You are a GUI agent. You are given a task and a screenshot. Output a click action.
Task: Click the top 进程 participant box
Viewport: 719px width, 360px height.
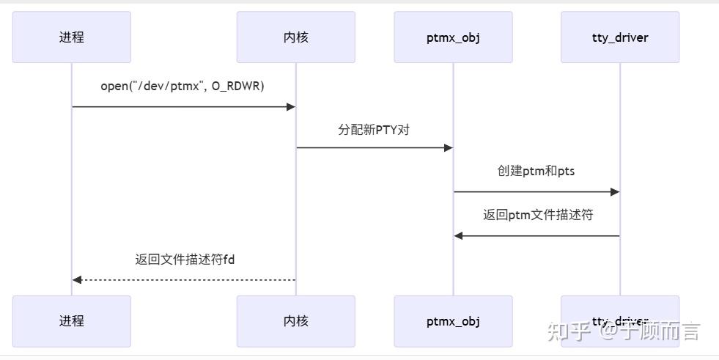tap(72, 37)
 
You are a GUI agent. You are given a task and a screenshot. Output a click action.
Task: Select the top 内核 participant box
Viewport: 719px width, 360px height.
tap(295, 37)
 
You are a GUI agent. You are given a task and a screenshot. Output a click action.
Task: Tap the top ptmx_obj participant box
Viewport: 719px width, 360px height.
tap(453, 37)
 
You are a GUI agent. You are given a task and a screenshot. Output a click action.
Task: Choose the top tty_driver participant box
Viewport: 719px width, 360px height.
tap(620, 37)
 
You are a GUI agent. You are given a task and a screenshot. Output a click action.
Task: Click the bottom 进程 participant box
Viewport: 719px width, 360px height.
tap(72, 321)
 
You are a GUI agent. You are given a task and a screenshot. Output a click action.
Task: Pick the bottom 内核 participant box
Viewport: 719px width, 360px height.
tap(295, 321)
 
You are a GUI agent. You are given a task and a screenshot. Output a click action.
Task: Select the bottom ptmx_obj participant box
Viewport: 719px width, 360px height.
tap(453, 321)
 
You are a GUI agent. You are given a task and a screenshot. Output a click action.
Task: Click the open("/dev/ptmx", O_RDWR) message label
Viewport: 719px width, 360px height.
tap(182, 86)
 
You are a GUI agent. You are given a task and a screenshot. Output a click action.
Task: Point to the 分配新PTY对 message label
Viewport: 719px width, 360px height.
tap(374, 130)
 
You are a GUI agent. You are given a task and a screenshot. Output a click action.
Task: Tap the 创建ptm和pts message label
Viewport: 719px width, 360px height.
tap(537, 171)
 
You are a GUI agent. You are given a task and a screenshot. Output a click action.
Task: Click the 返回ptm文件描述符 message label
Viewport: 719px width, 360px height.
tap(537, 215)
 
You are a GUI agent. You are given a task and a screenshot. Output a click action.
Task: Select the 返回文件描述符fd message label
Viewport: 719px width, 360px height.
tap(184, 259)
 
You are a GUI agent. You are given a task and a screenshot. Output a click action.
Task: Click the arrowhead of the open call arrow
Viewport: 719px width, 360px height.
tap(291, 107)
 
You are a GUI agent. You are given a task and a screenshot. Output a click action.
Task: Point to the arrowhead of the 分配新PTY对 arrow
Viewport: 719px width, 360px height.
tap(449, 148)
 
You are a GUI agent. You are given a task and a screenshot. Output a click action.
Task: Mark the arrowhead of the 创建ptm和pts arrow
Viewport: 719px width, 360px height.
tap(616, 192)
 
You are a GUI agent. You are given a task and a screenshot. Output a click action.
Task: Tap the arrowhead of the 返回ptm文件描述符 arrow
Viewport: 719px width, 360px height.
tap(458, 236)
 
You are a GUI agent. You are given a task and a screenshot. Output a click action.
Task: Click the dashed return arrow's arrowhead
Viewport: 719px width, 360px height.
tap(77, 280)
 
